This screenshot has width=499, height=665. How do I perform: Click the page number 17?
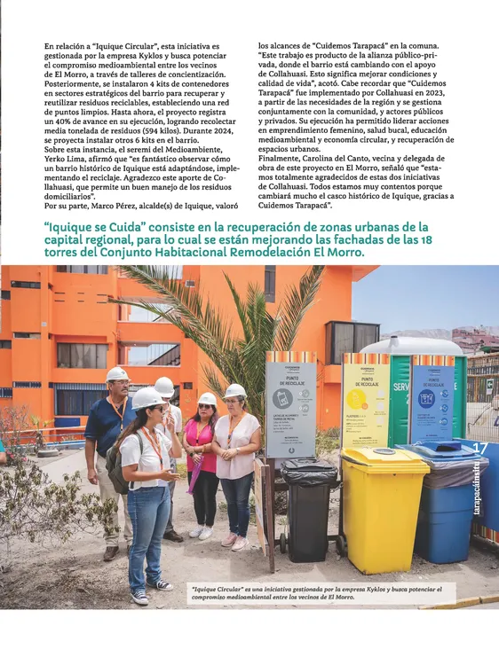pos(480,449)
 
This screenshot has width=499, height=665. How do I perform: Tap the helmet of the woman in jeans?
pos(147,398)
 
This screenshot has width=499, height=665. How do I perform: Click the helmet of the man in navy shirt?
pos(117,375)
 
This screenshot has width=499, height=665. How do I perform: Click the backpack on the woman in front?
pos(117,468)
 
